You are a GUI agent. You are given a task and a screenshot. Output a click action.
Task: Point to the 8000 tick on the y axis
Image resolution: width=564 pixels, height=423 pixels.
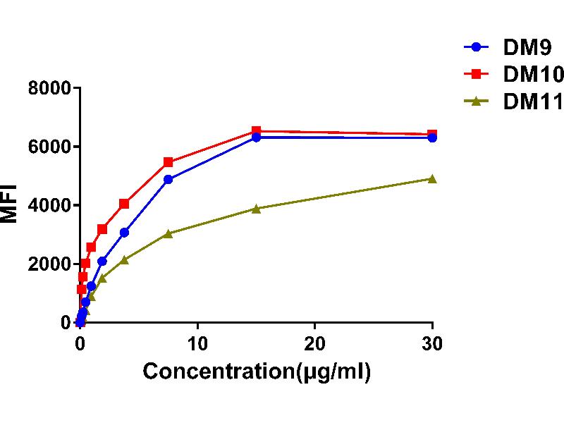point(50,89)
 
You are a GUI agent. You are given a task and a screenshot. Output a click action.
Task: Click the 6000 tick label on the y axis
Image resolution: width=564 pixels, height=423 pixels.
point(50,147)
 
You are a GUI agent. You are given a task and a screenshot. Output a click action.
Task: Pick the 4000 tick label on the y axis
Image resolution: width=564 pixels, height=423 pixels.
point(50,206)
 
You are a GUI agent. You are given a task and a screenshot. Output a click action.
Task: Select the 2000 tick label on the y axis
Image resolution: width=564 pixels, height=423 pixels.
point(50,264)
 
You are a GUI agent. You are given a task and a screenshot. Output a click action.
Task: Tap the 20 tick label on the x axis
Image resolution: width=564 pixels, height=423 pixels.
point(314,343)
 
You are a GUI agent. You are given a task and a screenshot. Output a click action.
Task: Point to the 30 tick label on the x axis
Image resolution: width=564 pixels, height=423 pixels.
point(432,343)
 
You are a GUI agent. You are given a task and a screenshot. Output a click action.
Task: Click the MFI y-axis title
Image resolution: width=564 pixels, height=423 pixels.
point(10,205)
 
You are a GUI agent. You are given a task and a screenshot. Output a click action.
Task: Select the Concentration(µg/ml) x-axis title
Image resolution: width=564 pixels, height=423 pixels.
point(257,372)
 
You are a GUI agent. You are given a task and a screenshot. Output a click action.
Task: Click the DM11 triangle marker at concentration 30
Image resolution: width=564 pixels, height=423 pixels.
point(432,179)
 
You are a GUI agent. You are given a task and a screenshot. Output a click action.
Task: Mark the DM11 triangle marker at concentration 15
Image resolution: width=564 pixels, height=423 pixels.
point(256,209)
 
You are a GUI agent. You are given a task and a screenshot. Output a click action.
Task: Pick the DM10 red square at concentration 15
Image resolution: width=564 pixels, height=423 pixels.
point(256,131)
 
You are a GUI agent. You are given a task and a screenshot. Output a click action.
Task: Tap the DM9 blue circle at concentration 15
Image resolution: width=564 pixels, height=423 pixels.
point(256,137)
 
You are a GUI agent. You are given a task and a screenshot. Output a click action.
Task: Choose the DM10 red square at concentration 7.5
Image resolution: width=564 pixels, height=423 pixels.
point(168,162)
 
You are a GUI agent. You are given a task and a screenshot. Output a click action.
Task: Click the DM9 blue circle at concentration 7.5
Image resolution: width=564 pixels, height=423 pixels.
point(168,179)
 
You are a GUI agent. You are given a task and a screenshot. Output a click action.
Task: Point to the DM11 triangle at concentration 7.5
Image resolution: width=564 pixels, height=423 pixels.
point(168,233)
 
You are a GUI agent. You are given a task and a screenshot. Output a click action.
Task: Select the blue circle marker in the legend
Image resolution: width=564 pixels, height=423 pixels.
point(476,47)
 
